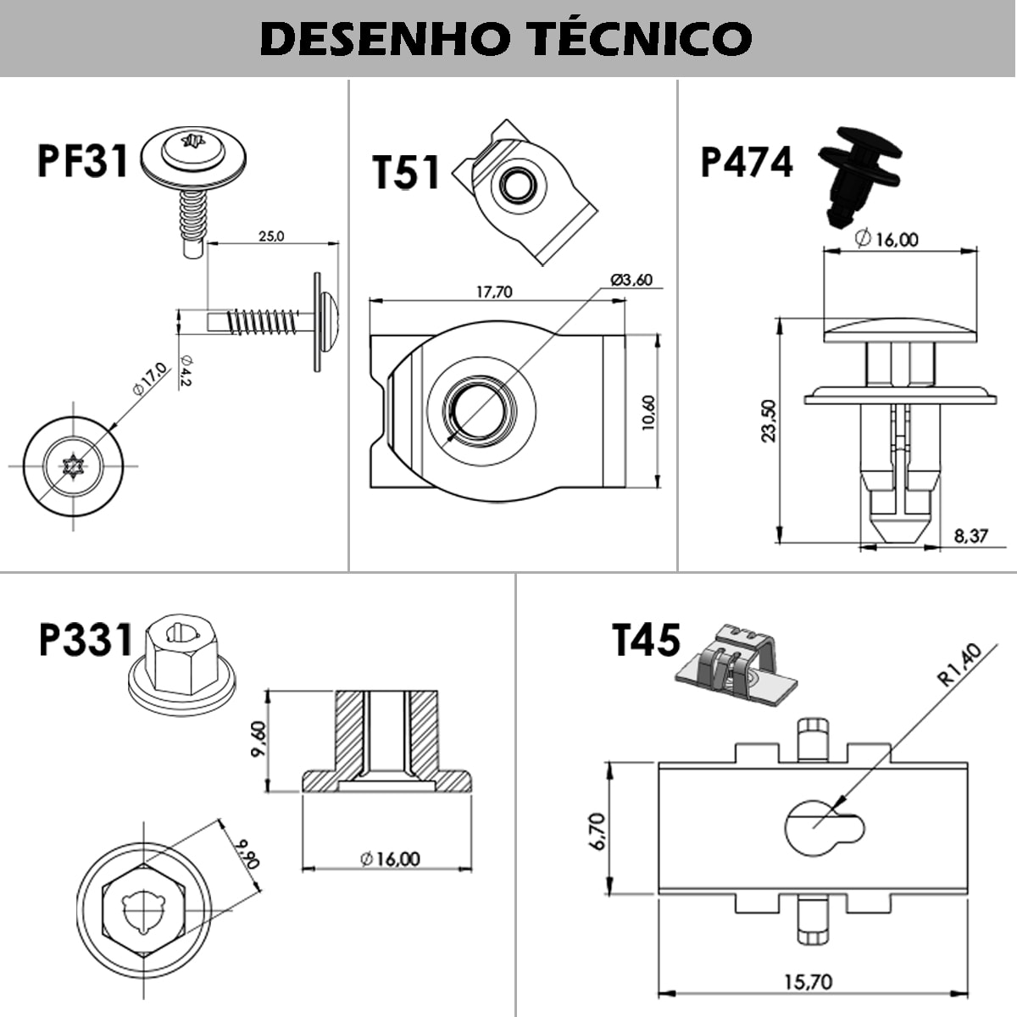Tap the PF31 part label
(x=82, y=160)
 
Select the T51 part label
(x=407, y=173)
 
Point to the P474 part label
(x=747, y=163)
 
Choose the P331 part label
(x=86, y=640)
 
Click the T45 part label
(x=646, y=640)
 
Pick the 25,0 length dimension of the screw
(x=271, y=236)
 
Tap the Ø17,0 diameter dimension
(x=148, y=379)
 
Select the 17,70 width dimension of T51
(x=493, y=292)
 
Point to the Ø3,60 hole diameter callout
(x=631, y=281)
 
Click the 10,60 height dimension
(x=648, y=413)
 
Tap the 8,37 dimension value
(x=970, y=536)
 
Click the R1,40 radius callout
(x=959, y=664)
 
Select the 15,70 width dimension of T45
(x=807, y=982)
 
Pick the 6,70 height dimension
(x=597, y=831)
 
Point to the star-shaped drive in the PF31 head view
(x=71, y=465)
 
